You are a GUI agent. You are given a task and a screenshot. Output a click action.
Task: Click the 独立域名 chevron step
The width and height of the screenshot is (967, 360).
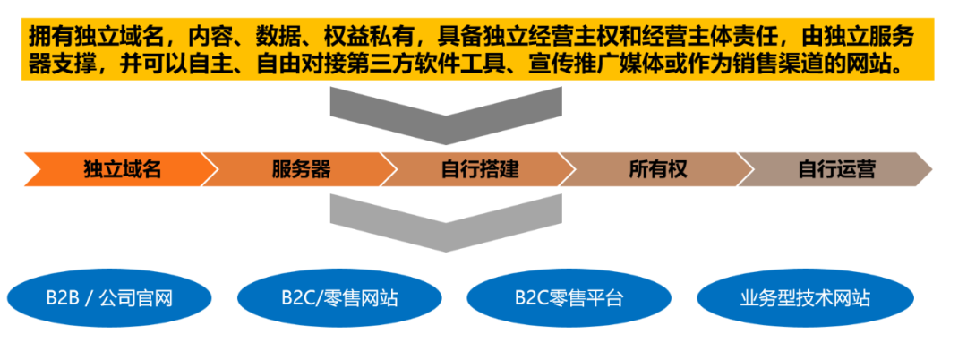click(x=117, y=169)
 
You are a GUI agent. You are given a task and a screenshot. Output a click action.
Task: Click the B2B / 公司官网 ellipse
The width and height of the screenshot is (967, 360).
click(x=110, y=299)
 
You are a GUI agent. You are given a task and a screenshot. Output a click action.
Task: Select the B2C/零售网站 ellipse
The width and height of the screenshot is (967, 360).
click(x=340, y=299)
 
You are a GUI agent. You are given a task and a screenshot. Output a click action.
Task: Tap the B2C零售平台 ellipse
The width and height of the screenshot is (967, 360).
click(x=569, y=299)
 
